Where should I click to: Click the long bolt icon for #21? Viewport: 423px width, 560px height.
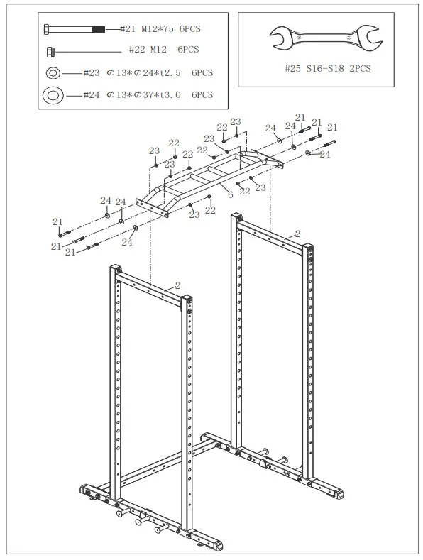(75, 28)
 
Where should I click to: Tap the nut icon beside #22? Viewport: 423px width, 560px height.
(51, 50)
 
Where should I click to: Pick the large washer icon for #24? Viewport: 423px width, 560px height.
(53, 94)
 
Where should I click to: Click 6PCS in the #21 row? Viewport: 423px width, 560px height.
(189, 28)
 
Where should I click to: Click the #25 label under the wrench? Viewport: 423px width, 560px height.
(292, 69)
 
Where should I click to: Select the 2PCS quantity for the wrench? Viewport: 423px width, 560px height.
(359, 69)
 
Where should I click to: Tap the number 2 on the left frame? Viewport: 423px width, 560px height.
(177, 285)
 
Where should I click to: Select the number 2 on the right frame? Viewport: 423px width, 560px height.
(297, 234)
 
